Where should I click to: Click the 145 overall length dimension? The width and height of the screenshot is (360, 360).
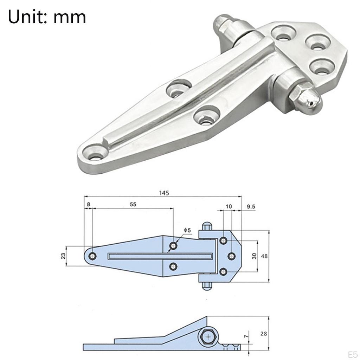point(164,193)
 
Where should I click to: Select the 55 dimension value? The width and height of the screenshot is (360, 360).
point(133,204)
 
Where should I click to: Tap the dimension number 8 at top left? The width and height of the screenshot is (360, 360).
point(88,204)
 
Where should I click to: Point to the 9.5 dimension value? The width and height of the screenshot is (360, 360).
point(251,207)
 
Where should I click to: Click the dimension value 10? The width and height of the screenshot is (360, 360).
point(229,207)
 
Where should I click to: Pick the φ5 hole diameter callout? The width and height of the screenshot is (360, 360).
point(187,230)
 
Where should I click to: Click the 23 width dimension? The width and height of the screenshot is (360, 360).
point(63,256)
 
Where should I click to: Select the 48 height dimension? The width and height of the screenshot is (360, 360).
point(264,256)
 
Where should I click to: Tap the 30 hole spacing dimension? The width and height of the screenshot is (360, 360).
point(254,256)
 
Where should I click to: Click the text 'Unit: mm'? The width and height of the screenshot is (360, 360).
point(47,17)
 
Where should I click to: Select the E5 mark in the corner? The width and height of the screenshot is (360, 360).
point(352,354)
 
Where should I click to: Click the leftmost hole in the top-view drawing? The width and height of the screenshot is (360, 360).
point(93,256)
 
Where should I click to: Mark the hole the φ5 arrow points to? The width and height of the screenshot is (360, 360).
point(173,245)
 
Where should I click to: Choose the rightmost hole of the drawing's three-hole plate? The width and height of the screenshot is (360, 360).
point(231,256)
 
